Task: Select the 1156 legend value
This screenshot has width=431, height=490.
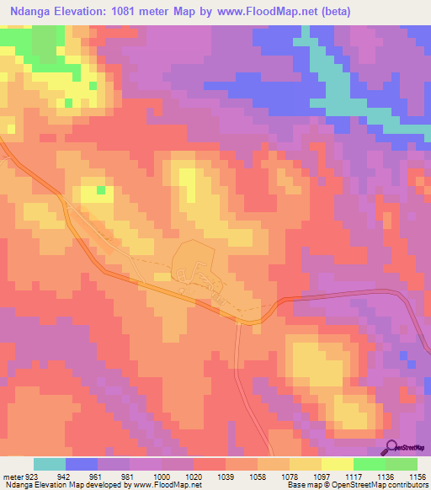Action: pos(418,476)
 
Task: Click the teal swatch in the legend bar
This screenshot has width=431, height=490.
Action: pos(50,464)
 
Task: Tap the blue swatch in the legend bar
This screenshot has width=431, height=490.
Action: pos(82,464)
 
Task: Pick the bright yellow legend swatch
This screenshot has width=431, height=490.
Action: pos(338,464)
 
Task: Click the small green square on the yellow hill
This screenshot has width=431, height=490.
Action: pos(102,190)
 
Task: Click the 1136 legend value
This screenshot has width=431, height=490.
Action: pos(386,476)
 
